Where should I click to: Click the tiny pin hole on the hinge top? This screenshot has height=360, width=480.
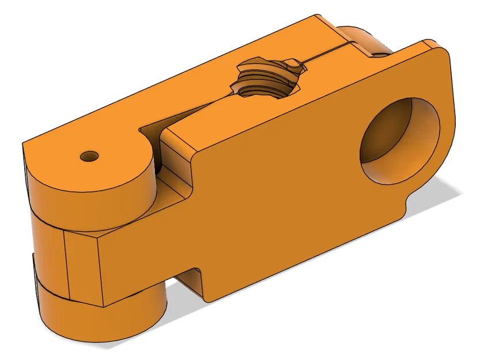pos(90,156)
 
